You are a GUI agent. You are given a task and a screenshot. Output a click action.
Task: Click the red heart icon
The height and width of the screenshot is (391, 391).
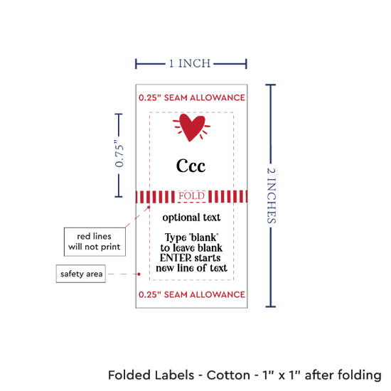click(191, 127)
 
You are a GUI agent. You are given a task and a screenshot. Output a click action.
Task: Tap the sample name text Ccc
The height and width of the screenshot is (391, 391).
click(191, 166)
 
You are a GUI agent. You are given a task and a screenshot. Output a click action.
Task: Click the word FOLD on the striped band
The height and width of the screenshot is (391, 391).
click(191, 196)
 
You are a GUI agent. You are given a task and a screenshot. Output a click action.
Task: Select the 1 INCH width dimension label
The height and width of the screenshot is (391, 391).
click(190, 63)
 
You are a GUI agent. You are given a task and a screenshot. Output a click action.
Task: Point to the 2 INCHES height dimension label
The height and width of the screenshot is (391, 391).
click(271, 195)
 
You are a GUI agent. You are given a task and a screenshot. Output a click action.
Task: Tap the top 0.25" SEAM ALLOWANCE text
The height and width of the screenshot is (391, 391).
click(192, 97)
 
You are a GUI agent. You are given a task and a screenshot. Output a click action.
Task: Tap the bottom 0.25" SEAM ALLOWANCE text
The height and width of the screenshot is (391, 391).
click(192, 294)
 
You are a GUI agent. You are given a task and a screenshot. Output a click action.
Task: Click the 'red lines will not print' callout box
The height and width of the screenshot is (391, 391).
click(95, 242)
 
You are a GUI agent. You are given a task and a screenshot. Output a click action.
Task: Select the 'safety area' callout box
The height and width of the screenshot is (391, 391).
click(81, 274)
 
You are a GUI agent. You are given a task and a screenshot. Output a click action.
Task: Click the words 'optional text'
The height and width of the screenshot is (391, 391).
click(191, 218)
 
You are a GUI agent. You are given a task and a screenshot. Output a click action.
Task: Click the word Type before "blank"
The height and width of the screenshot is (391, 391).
click(176, 237)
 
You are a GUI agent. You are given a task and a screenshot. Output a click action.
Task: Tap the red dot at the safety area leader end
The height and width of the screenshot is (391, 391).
click(139, 274)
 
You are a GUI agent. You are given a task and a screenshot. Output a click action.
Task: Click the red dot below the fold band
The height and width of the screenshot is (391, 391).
click(149, 207)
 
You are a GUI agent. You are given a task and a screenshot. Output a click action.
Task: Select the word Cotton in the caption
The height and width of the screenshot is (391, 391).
click(228, 375)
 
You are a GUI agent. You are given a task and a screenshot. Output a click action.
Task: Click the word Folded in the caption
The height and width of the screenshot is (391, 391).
click(129, 375)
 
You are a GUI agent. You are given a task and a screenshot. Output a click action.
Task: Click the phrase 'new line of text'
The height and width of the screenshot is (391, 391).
click(191, 268)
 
